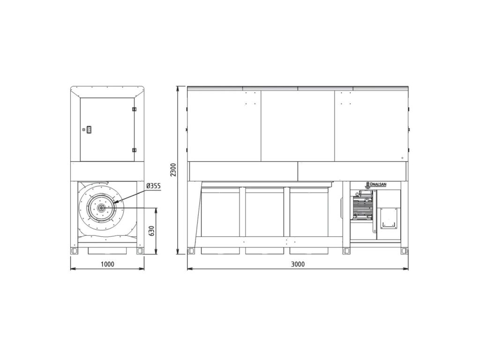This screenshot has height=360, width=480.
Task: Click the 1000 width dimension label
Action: click(x=107, y=264)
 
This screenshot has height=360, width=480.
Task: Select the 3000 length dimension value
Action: click(x=298, y=264)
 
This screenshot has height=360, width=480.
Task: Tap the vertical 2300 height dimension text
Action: click(x=173, y=170)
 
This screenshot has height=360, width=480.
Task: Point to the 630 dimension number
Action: click(x=151, y=231)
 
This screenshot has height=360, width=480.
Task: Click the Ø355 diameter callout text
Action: click(x=153, y=186)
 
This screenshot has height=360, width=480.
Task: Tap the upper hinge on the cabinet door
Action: click(x=134, y=109)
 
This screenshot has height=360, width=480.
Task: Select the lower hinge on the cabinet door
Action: click(x=134, y=150)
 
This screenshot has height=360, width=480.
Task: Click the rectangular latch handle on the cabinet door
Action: click(x=89, y=129)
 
